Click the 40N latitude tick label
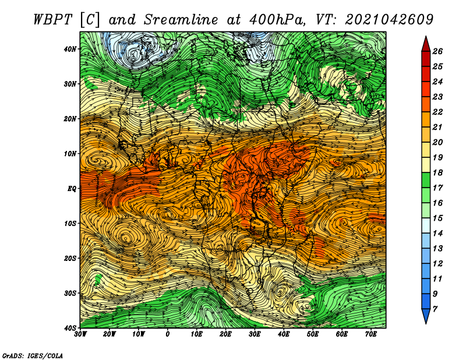coord(70,49)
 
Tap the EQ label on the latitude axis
coord(72,189)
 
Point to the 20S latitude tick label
coord(70,258)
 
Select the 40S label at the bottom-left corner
coord(70,328)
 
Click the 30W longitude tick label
coord(80,334)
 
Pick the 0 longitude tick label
coord(168,334)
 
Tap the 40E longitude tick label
coord(284,334)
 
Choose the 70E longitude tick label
coord(371,334)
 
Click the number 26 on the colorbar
coord(437,51)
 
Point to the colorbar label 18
coord(437,172)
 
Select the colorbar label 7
coord(435,309)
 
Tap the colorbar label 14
coord(437,234)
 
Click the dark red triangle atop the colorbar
coord(426,44)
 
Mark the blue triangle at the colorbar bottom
coord(426,316)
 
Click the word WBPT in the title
coord(53,20)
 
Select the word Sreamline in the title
coord(181,20)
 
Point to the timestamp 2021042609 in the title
coord(389,20)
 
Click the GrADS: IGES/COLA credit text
coord(33,356)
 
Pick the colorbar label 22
coord(437,112)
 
